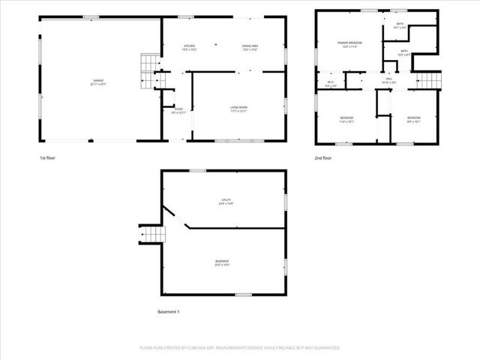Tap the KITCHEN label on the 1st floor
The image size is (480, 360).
pos(189,47)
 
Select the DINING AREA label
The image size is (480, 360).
pos(250,47)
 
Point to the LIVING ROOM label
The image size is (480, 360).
pos(239,109)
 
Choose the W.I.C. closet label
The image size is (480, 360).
pos(331,82)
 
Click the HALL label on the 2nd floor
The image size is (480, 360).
pos(389,79)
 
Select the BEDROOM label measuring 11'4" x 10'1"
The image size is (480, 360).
pos(347,118)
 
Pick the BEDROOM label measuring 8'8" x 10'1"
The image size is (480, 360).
pos(414,118)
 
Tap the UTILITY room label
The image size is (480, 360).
pos(226,200)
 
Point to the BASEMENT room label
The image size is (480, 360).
pos(222,261)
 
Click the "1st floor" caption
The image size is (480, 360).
pos(47,158)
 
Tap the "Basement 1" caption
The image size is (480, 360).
pos(169,311)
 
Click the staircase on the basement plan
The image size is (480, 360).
pos(151,236)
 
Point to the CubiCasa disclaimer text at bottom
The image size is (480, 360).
pos(240,348)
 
